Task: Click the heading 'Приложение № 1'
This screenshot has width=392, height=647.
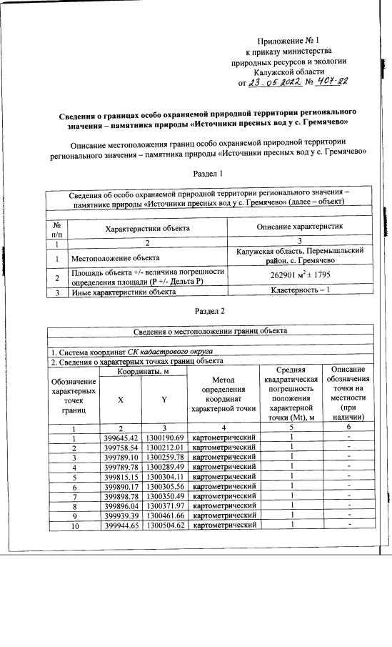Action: pos(288,42)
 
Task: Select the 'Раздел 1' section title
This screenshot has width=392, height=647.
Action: pos(209,173)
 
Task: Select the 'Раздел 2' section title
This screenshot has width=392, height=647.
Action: pos(209,312)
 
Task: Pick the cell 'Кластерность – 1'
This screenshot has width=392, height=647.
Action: pos(298,292)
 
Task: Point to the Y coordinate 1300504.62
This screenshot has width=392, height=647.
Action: pos(165,525)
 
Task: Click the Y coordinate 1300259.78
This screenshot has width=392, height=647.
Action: pos(165,457)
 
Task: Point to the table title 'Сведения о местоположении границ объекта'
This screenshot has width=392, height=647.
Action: pos(210,331)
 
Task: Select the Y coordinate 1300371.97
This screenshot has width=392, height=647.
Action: pos(165,505)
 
